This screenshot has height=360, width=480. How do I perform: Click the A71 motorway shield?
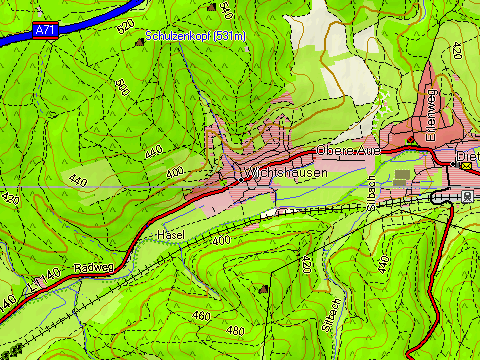pyautogui.click(x=44, y=30)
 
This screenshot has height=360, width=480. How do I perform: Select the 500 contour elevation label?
pyautogui.click(x=122, y=87)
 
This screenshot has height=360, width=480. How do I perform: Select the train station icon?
pyautogui.click(x=467, y=196)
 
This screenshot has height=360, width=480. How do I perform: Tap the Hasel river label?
pyautogui.click(x=171, y=234)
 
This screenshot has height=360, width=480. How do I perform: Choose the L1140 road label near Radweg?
pyautogui.click(x=39, y=284)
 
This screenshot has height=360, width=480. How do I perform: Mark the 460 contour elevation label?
pyautogui.click(x=203, y=316)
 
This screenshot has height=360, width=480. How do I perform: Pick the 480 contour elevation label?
pyautogui.click(x=235, y=331)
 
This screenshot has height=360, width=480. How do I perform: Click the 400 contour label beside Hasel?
pyautogui.click(x=221, y=241)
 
